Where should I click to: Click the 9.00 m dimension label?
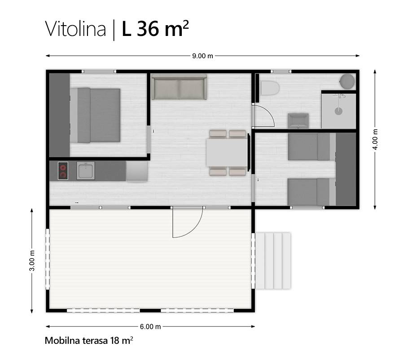tap(202, 56)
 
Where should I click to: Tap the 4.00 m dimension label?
tap(375, 139)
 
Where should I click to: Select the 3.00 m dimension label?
tap(32, 261)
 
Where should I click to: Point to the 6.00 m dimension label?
tap(150, 327)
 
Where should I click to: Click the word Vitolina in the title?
tap(75, 29)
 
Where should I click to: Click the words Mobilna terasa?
tap(76, 341)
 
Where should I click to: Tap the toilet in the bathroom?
tap(270, 89)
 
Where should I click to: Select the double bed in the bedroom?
tap(95, 115)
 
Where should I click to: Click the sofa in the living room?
tap(179, 87)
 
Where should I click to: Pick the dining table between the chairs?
tap(227, 153)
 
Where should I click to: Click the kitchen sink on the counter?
tap(86, 171)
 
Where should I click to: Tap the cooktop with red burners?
tap(63, 171)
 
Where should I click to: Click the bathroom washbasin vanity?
tap(298, 121)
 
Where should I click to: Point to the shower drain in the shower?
tap(338, 111)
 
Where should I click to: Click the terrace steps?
tap(273, 261)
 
